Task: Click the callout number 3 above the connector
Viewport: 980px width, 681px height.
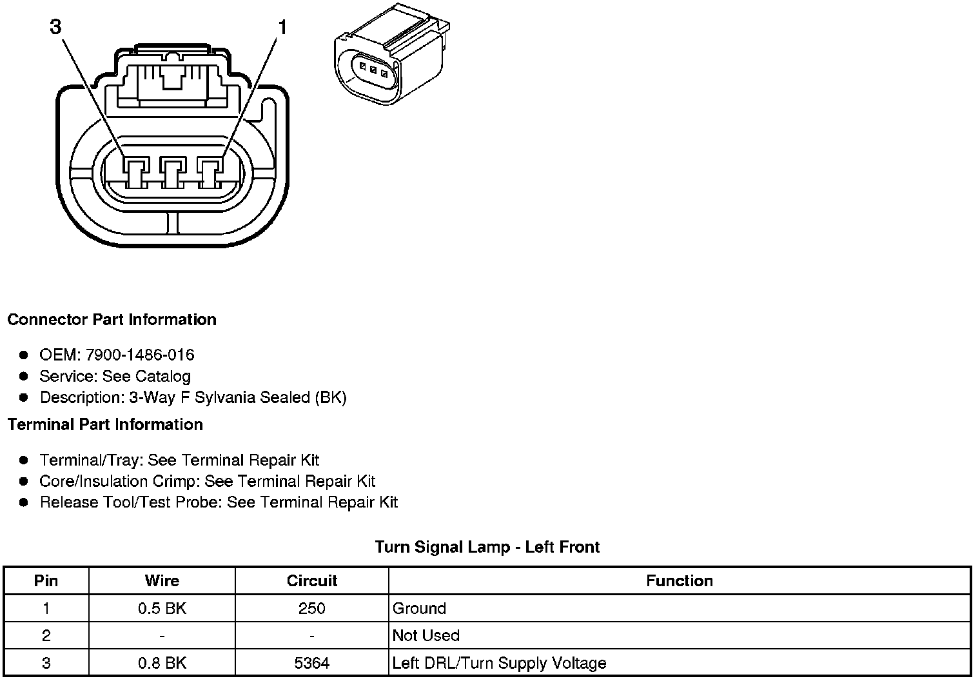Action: [55, 27]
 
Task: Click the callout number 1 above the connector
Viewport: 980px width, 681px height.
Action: [282, 27]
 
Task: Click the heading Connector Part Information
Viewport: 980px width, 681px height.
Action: [112, 320]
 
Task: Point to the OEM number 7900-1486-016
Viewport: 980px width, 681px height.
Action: [139, 355]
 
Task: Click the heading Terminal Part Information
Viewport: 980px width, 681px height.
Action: [105, 425]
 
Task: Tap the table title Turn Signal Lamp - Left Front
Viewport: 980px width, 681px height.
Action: [487, 548]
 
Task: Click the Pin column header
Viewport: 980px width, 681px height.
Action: [46, 581]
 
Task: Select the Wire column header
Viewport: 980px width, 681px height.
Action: [162, 581]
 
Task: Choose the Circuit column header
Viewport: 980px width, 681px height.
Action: [312, 581]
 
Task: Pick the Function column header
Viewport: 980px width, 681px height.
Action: [680, 581]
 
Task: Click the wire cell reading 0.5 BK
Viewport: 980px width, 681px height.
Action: [162, 608]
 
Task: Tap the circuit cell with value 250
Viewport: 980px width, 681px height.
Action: [312, 608]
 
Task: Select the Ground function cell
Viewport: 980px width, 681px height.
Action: [419, 608]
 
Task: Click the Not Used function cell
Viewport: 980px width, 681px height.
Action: [426, 636]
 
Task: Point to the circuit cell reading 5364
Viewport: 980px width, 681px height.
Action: [312, 663]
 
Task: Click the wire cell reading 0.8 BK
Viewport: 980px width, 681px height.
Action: [162, 663]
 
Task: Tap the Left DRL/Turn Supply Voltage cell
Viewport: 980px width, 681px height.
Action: [499, 663]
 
